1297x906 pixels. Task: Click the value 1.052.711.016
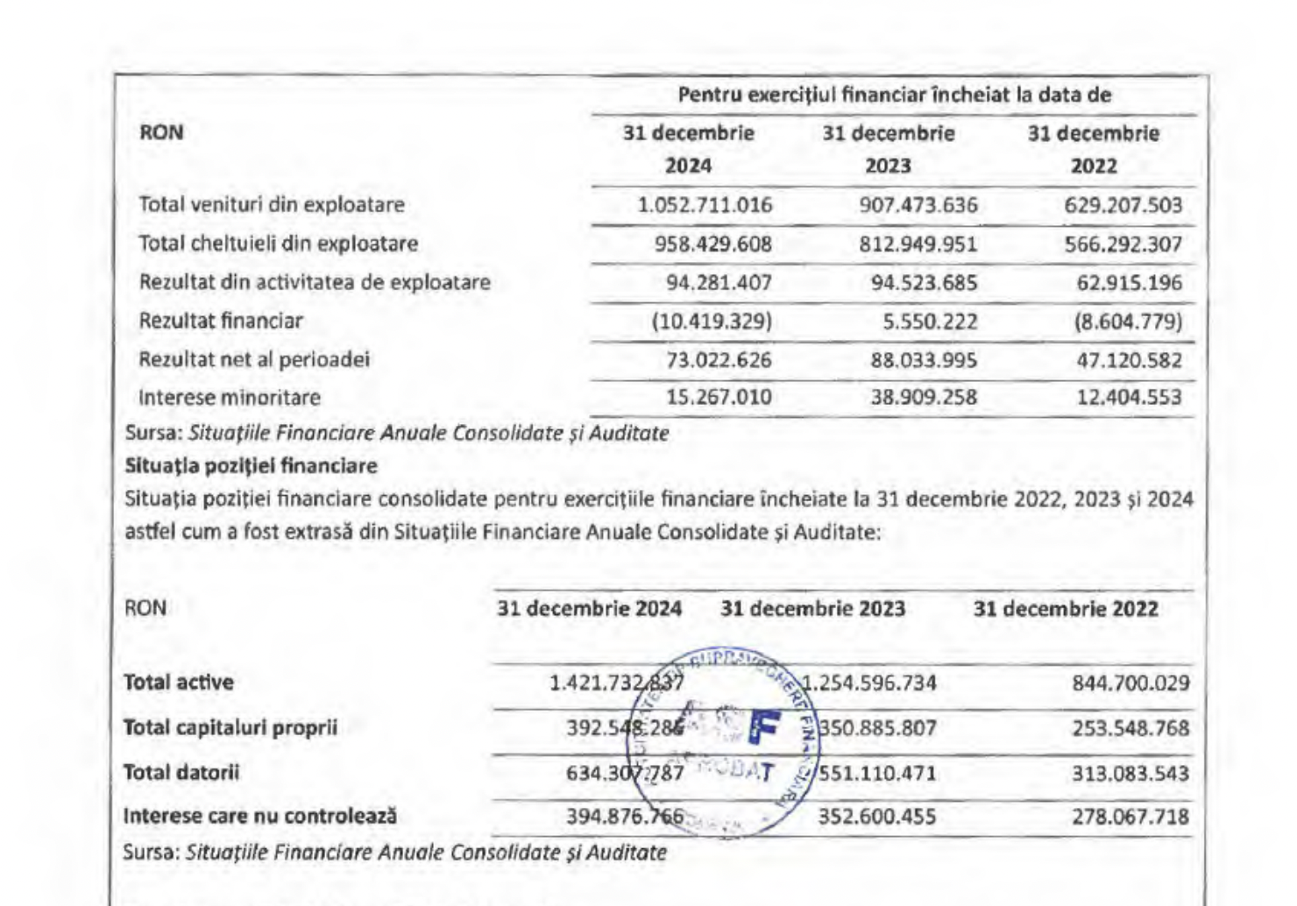(705, 205)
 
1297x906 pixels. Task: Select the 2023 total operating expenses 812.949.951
(918, 244)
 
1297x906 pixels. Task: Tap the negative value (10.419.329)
(712, 321)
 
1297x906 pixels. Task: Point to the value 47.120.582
(1129, 360)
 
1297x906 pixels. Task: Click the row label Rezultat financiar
(221, 321)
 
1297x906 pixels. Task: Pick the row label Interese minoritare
(230, 397)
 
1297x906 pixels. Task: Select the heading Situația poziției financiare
(251, 465)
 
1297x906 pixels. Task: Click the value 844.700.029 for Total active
(1130, 683)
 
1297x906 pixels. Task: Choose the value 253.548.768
(1130, 728)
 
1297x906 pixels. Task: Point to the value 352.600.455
(876, 817)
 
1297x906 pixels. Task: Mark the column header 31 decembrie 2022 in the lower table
(1066, 609)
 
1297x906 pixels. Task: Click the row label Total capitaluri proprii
(230, 727)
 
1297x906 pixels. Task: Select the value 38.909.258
(924, 398)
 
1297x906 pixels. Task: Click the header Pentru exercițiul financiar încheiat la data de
(894, 95)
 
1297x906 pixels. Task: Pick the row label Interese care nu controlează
(260, 817)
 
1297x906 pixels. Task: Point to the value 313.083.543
(1130, 774)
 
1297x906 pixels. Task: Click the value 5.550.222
(930, 322)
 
